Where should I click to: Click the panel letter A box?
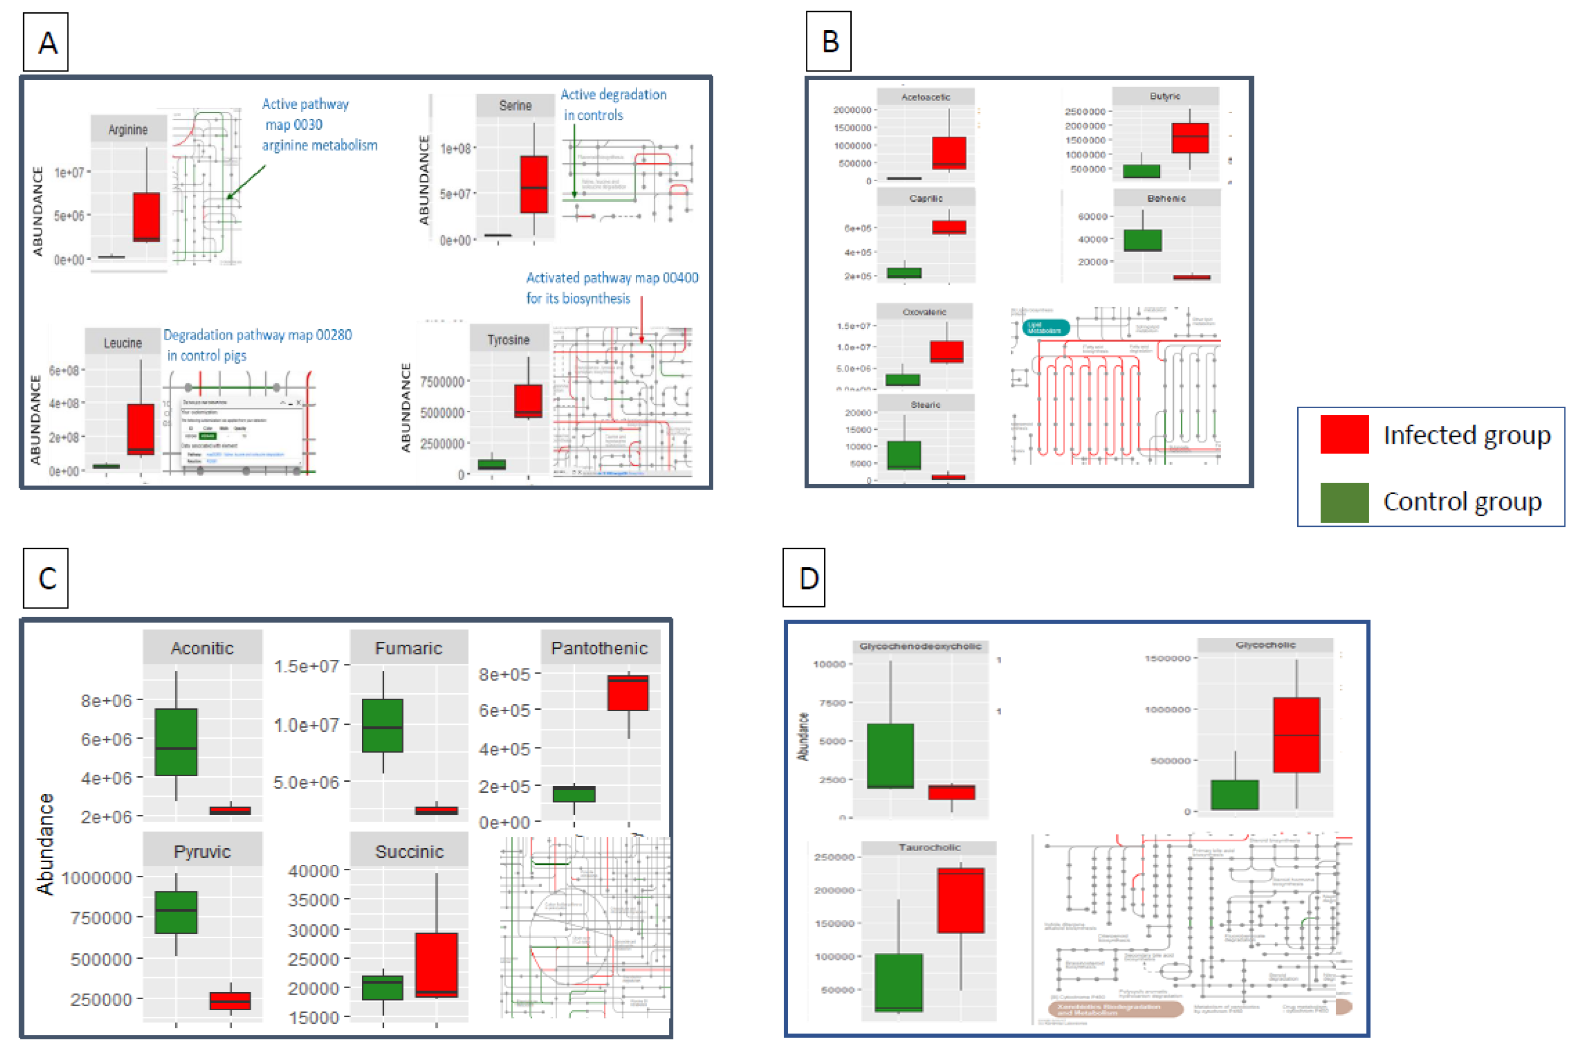coord(46,42)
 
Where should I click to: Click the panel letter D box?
coord(804,578)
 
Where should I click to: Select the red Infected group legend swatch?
coord(1343,434)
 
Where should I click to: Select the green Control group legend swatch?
coord(1343,502)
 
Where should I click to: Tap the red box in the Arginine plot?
coord(146,216)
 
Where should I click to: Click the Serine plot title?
coord(515,105)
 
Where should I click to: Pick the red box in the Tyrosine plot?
coord(528,400)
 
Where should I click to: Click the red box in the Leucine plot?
coord(141,429)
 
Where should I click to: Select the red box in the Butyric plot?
coord(1190,138)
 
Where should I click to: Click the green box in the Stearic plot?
coord(904,455)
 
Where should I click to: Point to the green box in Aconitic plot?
coord(176,742)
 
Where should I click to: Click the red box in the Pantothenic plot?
coord(628,693)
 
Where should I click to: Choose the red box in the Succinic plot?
coord(436,964)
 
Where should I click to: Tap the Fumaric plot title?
coord(408,648)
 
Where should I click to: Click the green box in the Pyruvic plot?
coord(176,912)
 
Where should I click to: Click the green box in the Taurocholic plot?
coord(898,982)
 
